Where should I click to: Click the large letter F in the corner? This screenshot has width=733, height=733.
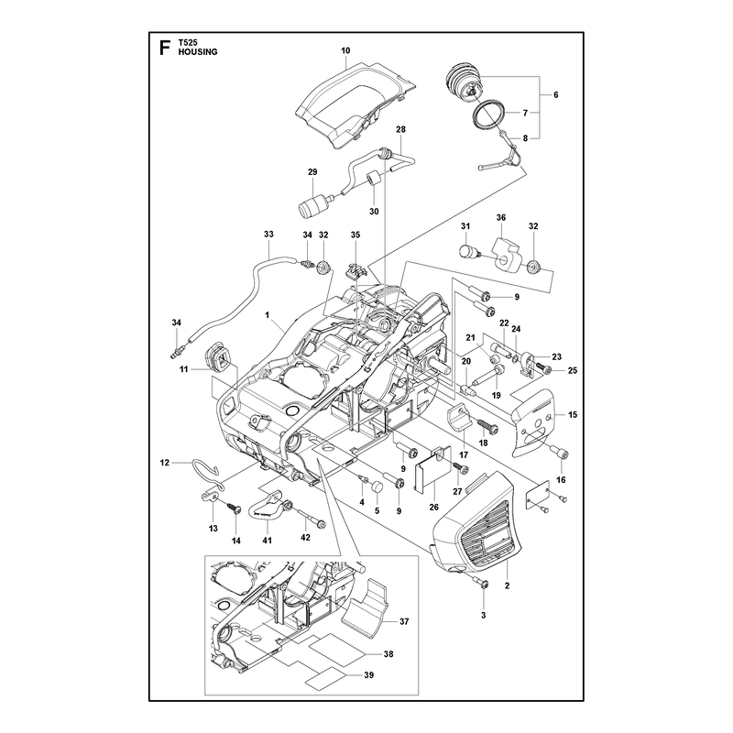tap(164, 48)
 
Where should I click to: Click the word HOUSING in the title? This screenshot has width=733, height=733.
tap(198, 52)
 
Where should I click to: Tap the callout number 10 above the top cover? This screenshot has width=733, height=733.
tap(345, 50)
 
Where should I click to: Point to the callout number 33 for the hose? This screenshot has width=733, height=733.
tap(268, 235)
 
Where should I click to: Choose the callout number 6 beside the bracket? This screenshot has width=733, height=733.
tap(556, 94)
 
